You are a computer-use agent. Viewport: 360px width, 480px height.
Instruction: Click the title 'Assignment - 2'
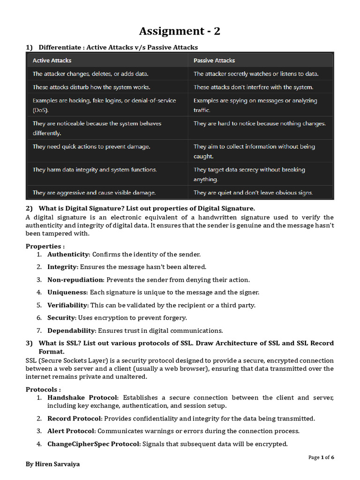tap(180, 31)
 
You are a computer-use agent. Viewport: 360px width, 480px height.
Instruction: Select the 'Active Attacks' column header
tap(52, 60)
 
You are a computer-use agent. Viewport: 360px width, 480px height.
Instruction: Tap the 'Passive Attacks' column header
tap(214, 60)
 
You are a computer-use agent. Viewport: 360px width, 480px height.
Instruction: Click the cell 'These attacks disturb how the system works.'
tap(91, 87)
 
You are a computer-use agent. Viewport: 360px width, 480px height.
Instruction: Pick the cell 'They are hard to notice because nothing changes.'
tap(259, 124)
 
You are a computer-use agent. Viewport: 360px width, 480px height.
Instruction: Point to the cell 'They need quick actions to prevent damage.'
tap(91, 147)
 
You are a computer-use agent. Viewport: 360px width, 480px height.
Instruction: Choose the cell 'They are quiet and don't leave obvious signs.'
tap(253, 193)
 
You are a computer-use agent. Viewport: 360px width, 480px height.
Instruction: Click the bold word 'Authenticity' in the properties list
tap(68, 254)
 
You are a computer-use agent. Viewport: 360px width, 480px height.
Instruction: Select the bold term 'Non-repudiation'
tap(75, 280)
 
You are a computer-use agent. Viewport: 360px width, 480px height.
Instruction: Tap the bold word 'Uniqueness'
tap(67, 292)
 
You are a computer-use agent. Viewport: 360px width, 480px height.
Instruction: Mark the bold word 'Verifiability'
tap(67, 305)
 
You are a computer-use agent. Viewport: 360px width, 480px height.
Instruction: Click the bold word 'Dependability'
tap(71, 330)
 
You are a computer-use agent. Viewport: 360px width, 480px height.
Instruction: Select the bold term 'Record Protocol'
tap(74, 418)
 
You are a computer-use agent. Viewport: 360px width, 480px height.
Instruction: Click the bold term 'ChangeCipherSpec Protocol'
tap(93, 443)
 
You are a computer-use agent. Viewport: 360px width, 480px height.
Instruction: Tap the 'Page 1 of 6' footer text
tap(321, 457)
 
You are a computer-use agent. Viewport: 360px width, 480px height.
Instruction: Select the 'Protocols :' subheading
tap(43, 390)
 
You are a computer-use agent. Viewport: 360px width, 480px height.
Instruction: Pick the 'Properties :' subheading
tap(45, 246)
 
